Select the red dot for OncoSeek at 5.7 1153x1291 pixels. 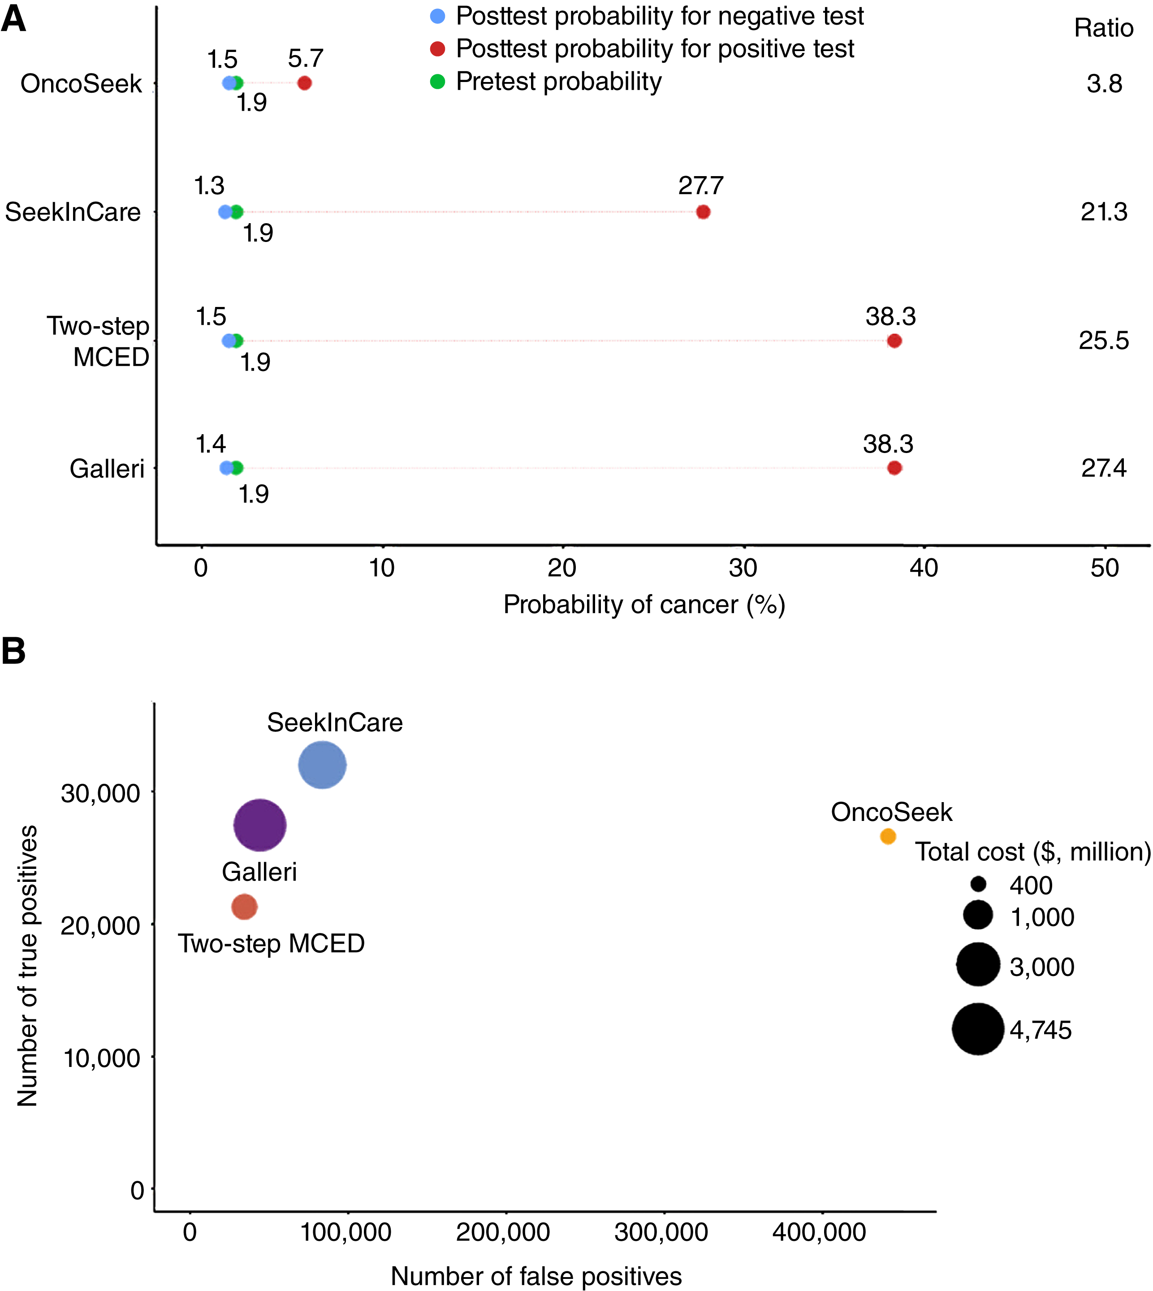click(x=304, y=83)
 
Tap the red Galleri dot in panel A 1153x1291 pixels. click(x=894, y=468)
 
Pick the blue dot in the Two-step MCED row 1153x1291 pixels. click(x=228, y=341)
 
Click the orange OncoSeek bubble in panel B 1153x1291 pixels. click(x=888, y=836)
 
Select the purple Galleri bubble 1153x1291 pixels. click(x=260, y=825)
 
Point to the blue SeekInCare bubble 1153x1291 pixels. click(x=323, y=764)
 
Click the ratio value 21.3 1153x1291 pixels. click(x=1104, y=212)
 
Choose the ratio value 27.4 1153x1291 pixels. click(x=1104, y=468)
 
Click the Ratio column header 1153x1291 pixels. click(x=1104, y=29)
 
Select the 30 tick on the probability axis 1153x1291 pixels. click(x=743, y=568)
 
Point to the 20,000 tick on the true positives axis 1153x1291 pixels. click(x=100, y=925)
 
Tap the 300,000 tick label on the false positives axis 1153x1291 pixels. click(x=661, y=1232)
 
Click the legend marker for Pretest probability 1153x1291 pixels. click(x=437, y=81)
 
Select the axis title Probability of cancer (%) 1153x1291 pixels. click(x=643, y=604)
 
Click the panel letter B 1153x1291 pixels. click(x=14, y=651)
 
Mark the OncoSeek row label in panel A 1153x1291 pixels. click(x=81, y=84)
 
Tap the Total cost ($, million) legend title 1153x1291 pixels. click(x=1032, y=852)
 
